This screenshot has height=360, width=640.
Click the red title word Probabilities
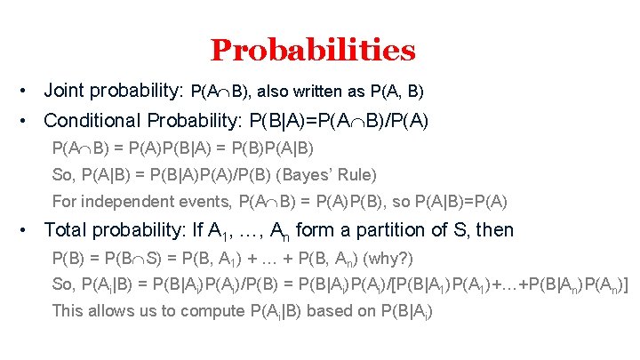[x=313, y=50]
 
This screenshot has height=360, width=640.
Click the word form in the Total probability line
[x=313, y=229]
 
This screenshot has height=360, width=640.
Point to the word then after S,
[x=495, y=229]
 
